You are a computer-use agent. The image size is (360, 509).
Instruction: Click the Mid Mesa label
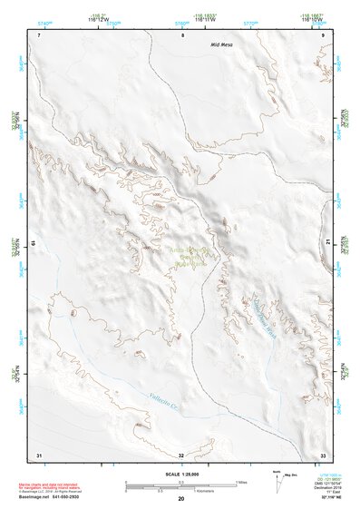point(222,44)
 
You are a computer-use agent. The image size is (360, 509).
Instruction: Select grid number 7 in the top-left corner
point(41,34)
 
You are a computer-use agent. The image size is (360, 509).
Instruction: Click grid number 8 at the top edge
point(183,34)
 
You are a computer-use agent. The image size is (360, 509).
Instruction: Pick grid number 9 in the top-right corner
point(323,34)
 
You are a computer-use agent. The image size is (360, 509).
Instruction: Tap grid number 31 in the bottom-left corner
point(38,454)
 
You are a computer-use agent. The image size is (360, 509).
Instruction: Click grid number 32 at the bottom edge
point(181,455)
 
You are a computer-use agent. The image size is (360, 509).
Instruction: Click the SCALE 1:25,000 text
point(181,474)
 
